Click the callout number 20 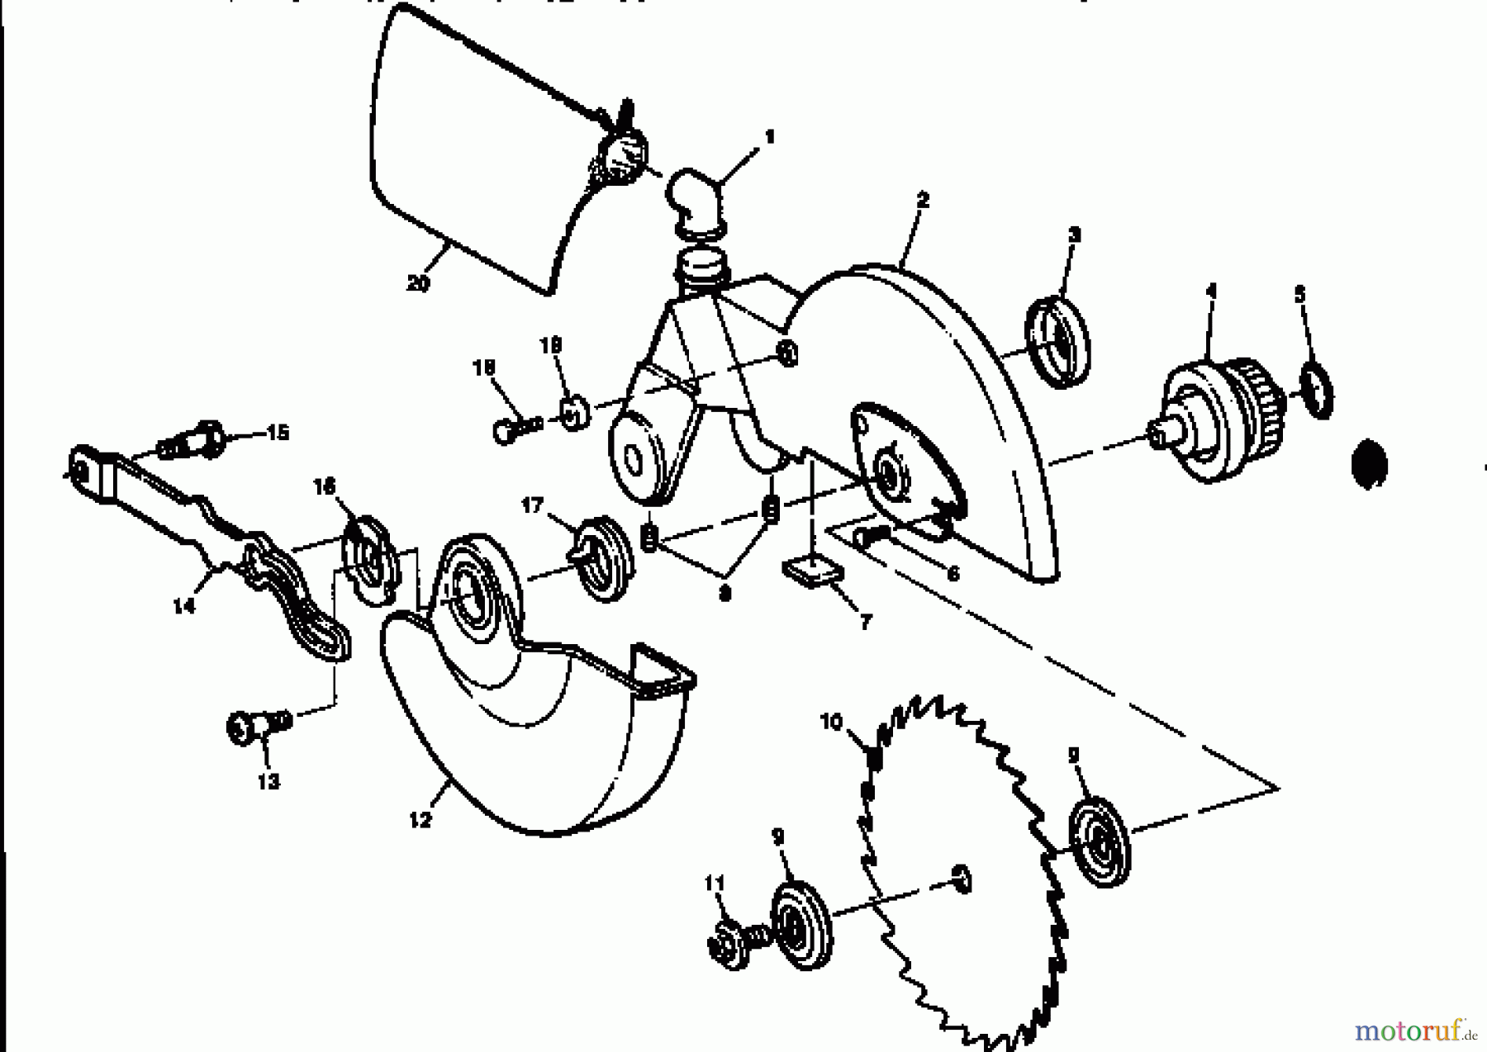[x=418, y=283]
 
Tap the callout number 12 [x=420, y=820]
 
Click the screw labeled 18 [x=516, y=428]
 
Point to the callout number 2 [x=923, y=200]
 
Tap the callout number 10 [x=830, y=722]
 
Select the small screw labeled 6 [x=872, y=535]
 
